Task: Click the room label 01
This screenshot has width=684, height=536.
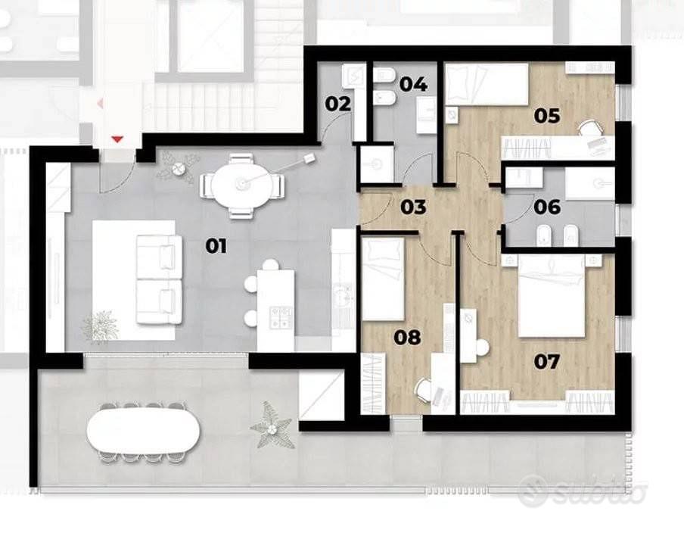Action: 216,247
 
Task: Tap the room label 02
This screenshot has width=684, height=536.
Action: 337,104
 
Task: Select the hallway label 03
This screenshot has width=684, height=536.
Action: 413,207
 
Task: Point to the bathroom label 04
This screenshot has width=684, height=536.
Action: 413,84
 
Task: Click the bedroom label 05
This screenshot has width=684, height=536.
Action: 547,116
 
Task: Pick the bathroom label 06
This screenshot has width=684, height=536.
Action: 547,207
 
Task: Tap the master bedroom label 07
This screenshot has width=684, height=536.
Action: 547,361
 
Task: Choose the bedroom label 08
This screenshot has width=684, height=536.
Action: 407,337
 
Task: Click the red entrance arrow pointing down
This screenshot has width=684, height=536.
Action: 117,139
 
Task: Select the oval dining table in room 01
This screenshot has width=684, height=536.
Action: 240,185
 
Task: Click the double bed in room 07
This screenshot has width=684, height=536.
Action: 552,296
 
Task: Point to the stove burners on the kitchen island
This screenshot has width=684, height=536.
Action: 281,317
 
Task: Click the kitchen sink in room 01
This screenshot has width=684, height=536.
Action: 344,296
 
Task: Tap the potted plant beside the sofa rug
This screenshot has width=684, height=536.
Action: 101,326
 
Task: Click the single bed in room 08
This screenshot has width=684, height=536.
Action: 383,279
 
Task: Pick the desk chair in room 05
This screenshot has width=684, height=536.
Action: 589,129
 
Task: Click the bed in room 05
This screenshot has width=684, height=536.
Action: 486,84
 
